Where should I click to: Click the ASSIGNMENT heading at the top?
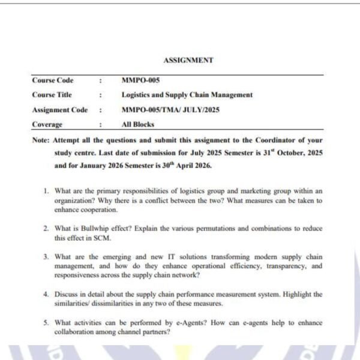[188, 60]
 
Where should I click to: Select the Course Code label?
[53, 80]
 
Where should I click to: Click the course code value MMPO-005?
[140, 80]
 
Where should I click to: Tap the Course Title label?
[52, 95]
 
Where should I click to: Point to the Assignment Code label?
[59, 110]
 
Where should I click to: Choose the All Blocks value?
[137, 124]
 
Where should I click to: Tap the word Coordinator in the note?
[279, 140]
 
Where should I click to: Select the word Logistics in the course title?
[137, 95]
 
